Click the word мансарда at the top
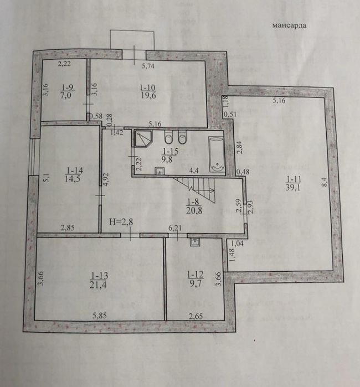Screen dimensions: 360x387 tap(289, 25)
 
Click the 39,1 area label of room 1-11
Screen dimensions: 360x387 tap(293, 187)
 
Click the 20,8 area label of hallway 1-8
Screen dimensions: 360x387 tap(194, 210)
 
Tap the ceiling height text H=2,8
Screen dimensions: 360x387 tap(121, 222)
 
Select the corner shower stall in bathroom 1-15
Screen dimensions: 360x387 tap(143, 138)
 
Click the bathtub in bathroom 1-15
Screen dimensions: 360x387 tap(217, 154)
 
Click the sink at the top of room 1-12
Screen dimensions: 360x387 tap(195, 242)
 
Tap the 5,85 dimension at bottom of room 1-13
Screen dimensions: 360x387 tap(100, 316)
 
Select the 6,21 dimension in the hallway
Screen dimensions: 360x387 tap(174, 228)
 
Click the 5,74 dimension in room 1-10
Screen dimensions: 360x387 tap(148, 66)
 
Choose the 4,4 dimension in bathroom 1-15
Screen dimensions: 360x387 tap(194, 171)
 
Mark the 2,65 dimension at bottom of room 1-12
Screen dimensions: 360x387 tap(196, 316)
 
